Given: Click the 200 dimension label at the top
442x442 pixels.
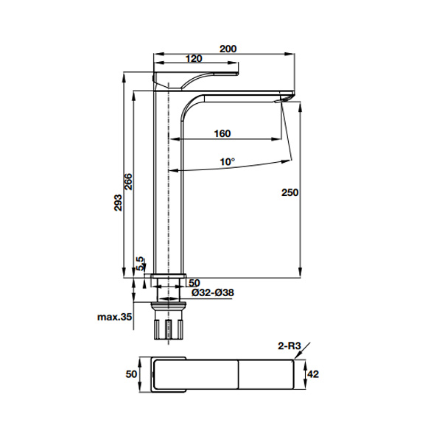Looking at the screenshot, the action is coord(228,49).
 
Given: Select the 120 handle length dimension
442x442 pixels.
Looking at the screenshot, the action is coord(194,59).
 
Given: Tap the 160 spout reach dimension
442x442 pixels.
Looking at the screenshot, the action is coord(222,133).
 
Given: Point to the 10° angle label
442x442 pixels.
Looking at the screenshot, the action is coord(227,162).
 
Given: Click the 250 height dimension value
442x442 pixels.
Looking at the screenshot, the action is coord(290,192).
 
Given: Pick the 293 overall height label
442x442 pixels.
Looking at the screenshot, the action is coord(118,203).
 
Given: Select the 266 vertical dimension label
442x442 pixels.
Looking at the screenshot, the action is coord(128,182).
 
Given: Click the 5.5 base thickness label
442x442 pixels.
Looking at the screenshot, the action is coord(140,264).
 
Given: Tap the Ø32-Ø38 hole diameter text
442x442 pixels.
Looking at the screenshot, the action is coord(213,292).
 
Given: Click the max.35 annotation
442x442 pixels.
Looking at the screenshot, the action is coord(114,317).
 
